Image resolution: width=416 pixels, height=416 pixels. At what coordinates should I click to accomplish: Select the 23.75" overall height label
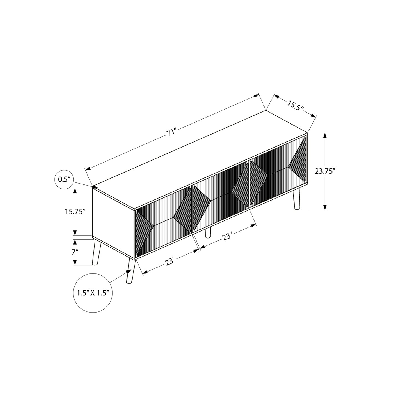[x=325, y=171]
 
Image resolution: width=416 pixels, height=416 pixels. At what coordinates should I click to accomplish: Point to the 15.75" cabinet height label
[x=75, y=212]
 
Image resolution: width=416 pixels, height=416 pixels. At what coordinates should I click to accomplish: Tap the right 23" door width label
[x=227, y=237]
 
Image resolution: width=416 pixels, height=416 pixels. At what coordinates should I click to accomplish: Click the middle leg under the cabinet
[x=208, y=233]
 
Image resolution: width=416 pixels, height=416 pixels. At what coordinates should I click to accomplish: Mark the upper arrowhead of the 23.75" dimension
[x=325, y=135]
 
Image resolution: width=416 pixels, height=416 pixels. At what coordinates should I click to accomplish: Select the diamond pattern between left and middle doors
[x=192, y=206]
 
